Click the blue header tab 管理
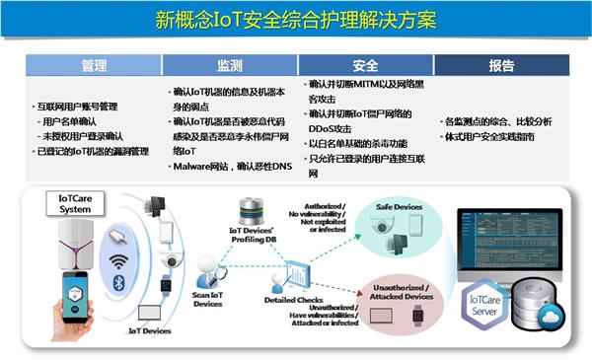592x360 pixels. [x=94, y=66]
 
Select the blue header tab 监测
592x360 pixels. [x=230, y=66]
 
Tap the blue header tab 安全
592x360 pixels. [x=365, y=66]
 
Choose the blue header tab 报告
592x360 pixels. [x=501, y=66]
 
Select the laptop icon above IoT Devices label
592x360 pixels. [x=151, y=315]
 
